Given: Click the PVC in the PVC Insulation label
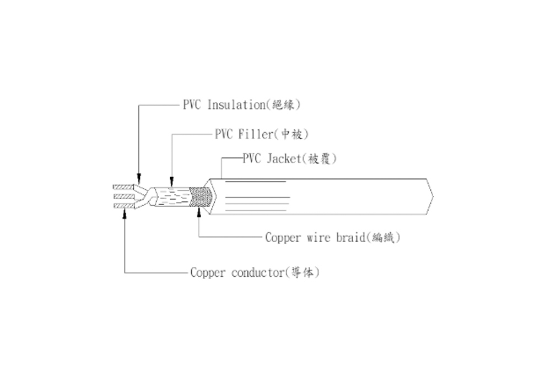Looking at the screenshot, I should (192, 105).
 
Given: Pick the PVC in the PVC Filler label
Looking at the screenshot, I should (225, 134).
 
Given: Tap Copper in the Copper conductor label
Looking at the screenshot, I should (205, 272).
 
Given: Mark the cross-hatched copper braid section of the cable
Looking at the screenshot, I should (201, 198).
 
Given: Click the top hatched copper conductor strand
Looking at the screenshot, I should (122, 187).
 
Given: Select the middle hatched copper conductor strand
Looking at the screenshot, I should (122, 196).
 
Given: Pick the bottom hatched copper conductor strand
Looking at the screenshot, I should (122, 206).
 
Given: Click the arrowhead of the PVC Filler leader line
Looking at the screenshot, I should (171, 182).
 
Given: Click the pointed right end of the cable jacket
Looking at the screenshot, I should (432, 196).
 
